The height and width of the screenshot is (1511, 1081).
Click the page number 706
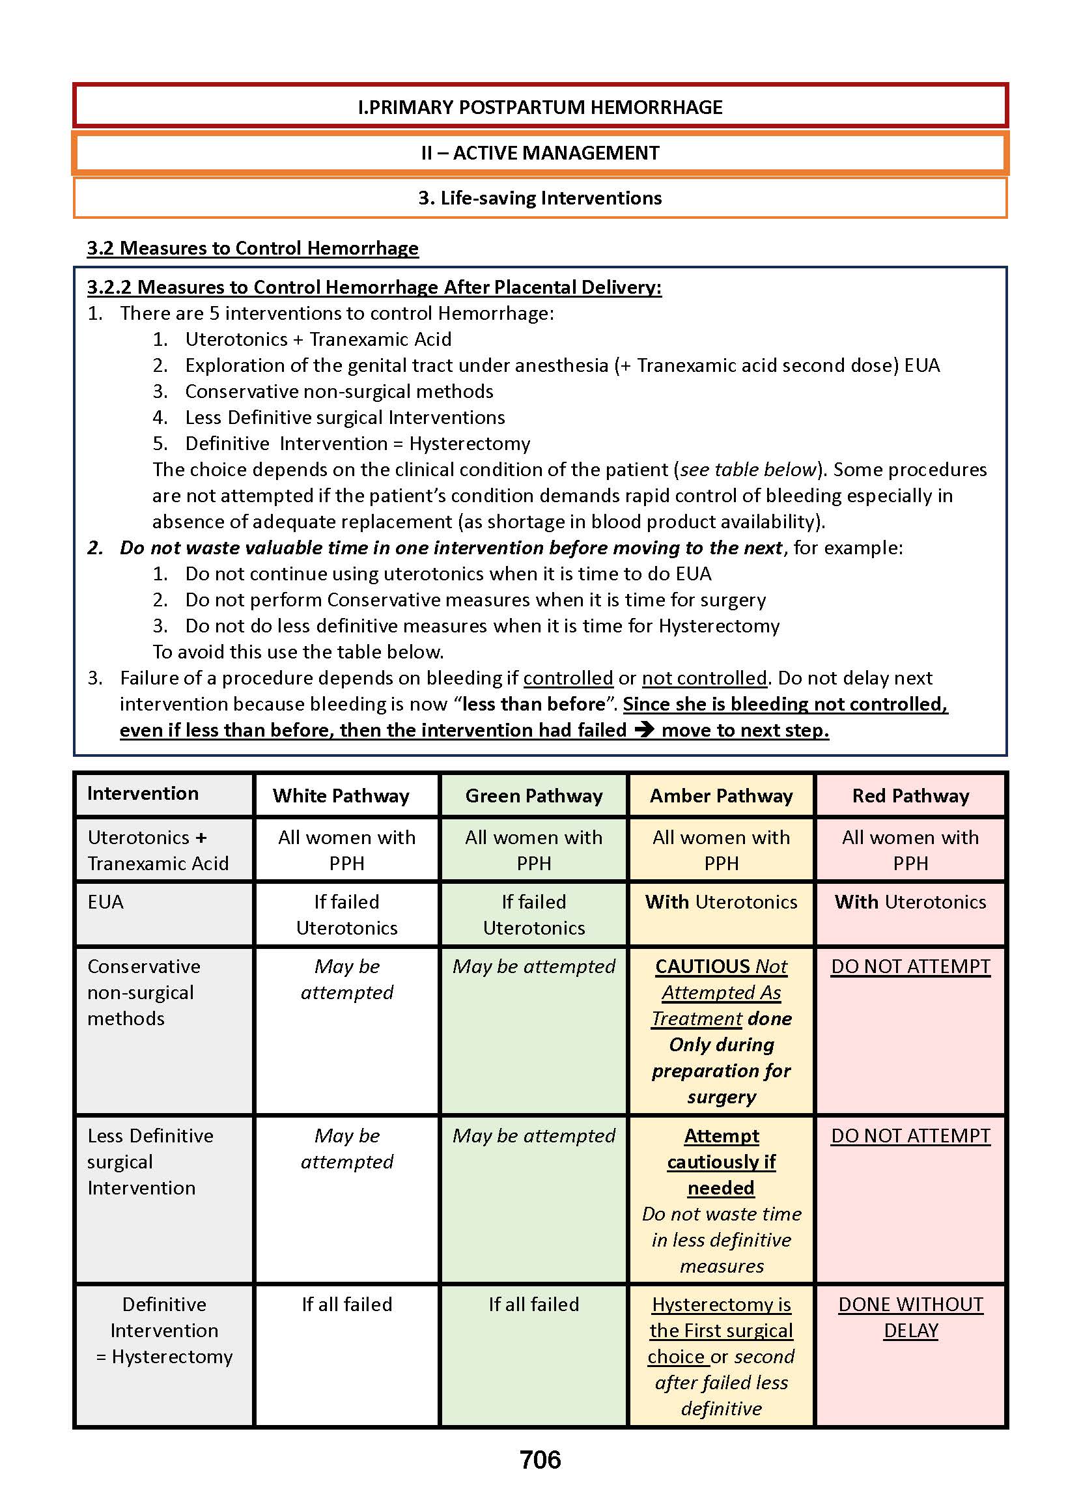coord(540,1460)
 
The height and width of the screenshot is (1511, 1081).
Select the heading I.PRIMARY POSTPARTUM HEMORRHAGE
coord(540,107)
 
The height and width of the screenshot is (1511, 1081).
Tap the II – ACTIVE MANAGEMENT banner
coord(540,153)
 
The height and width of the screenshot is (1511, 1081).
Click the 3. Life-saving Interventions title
coord(540,198)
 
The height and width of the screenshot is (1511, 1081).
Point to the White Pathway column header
coord(341,795)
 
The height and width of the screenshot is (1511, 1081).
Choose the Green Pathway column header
coord(534,795)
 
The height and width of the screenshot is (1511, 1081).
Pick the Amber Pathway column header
coord(721,795)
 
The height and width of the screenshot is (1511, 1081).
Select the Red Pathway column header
coord(910,795)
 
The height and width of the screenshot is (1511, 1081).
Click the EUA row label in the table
coord(105,902)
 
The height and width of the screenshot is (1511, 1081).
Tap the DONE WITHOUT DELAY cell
coord(910,1318)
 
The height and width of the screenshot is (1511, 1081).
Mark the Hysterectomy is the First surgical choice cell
coord(721,1356)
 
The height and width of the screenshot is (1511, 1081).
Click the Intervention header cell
coord(143,793)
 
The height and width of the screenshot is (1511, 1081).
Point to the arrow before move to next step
coord(643,729)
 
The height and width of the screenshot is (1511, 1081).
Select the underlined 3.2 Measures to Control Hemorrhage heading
coord(252,248)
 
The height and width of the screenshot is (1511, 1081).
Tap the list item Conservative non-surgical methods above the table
coord(339,391)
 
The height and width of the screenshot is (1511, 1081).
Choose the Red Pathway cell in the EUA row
coord(910,902)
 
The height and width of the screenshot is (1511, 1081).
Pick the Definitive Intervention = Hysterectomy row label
coord(163,1330)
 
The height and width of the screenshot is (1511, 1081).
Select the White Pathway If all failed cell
coord(347,1304)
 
